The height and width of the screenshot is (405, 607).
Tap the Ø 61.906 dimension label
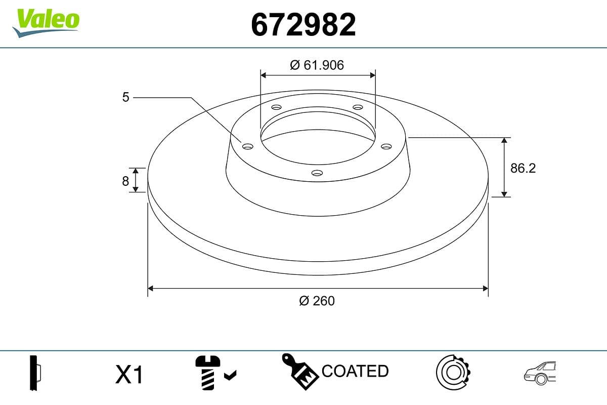tap(317, 65)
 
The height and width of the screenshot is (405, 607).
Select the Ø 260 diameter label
tap(317, 301)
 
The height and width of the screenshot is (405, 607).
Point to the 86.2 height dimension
tap(523, 168)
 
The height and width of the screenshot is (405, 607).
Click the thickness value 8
tap(125, 181)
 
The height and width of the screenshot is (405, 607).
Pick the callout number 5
tap(126, 97)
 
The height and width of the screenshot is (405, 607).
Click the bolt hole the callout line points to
tap(247, 146)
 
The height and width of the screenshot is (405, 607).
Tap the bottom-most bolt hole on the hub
tap(317, 173)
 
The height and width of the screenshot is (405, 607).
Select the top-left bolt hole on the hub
tap(276, 107)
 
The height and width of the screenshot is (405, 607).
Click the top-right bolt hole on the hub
tap(358, 107)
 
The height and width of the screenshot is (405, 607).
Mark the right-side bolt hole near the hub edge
tap(386, 146)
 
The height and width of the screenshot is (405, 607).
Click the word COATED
tap(355, 371)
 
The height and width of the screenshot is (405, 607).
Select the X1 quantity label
tap(130, 375)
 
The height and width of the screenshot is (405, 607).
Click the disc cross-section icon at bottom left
tap(35, 374)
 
